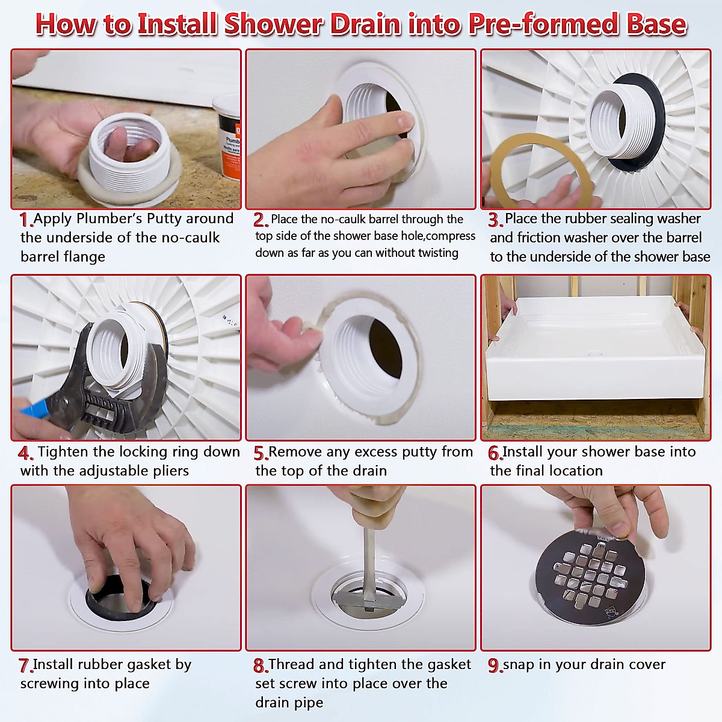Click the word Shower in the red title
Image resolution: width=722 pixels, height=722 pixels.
pyautogui.click(x=273, y=24)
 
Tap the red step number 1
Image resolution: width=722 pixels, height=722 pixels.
pyautogui.click(x=25, y=220)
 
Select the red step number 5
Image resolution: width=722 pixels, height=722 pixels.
pyautogui.click(x=261, y=453)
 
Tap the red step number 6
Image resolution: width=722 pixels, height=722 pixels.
pyautogui.click(x=495, y=453)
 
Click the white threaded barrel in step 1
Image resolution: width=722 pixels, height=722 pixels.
pyautogui.click(x=129, y=153)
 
